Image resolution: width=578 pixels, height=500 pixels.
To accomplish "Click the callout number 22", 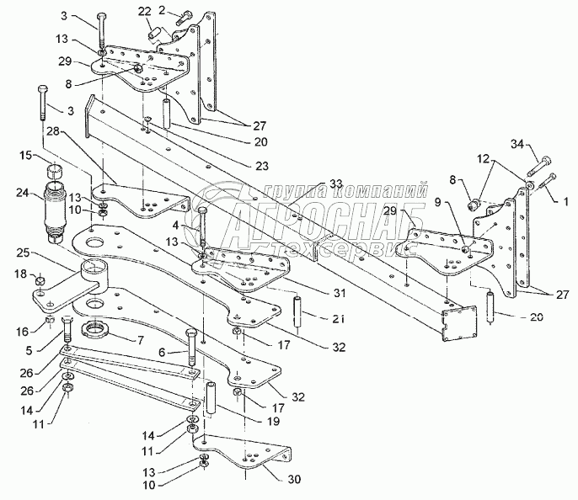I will [144, 11].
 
